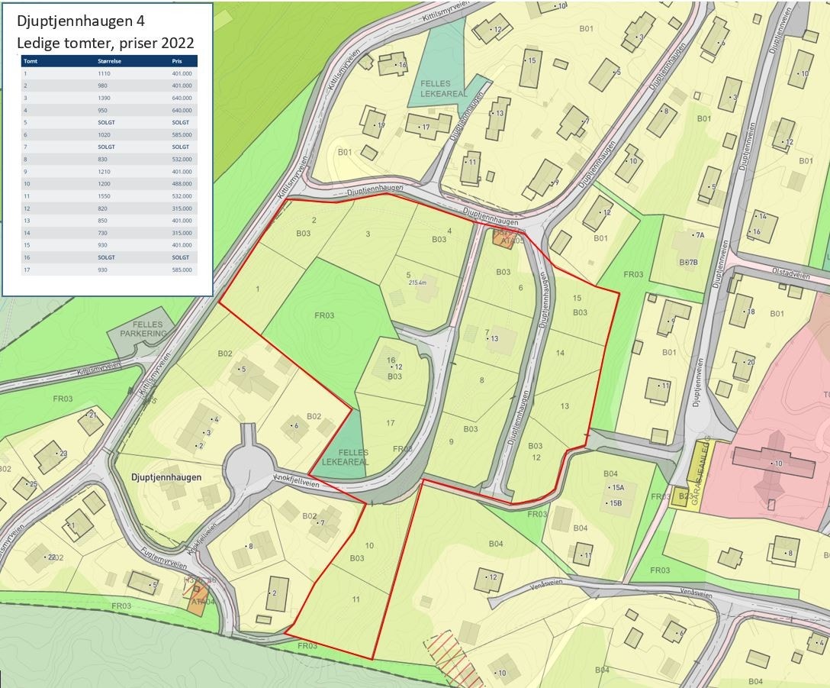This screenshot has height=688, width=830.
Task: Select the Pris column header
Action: [177, 61]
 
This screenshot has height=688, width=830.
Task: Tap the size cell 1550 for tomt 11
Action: [105, 196]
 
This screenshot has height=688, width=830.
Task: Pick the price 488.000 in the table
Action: [182, 184]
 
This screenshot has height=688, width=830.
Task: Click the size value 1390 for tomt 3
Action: [105, 98]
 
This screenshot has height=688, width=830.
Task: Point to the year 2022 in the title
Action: [176, 43]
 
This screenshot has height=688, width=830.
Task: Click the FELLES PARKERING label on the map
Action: [138, 329]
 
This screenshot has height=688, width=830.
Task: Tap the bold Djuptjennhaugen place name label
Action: [166, 477]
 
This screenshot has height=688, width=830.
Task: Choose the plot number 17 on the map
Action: [391, 423]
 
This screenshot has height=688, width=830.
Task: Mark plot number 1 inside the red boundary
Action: [258, 289]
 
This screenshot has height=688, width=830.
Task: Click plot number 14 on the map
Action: [561, 353]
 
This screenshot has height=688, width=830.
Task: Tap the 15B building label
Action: [614, 503]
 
